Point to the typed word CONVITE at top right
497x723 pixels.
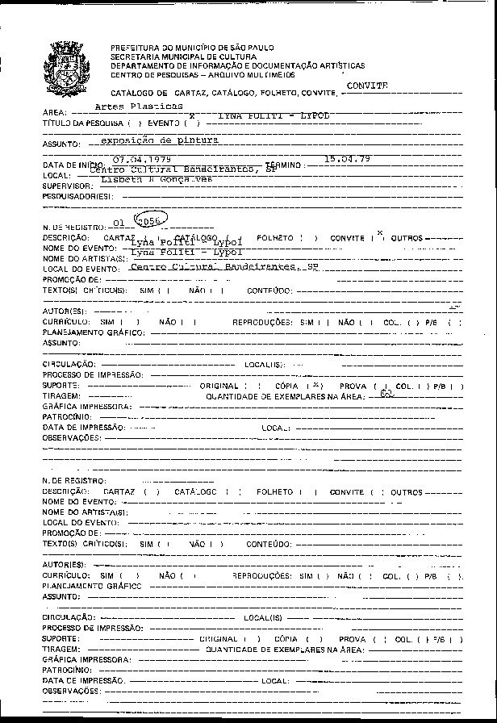point(367,85)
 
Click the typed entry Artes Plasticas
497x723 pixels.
point(139,106)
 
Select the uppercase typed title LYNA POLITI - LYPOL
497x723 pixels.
point(274,116)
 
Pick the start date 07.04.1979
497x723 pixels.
point(142,160)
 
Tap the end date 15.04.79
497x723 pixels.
point(347,159)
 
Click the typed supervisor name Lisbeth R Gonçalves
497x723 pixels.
point(157,179)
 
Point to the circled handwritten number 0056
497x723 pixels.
point(149,223)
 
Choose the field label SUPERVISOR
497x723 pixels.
point(63,186)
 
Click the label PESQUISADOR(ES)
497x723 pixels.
point(71,196)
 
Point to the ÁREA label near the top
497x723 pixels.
point(52,113)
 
